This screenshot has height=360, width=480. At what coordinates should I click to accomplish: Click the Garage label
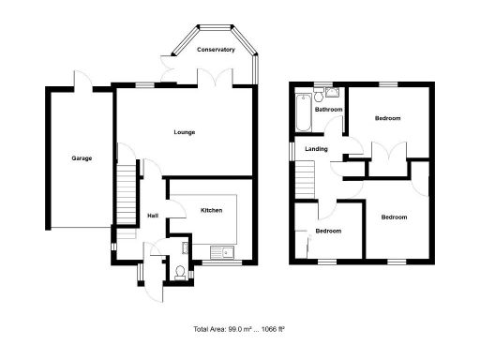pos(82,158)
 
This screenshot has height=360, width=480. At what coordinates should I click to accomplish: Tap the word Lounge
pos(185,132)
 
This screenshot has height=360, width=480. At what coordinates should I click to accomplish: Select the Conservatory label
pos(215,50)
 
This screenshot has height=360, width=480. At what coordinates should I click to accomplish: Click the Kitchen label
pos(211,211)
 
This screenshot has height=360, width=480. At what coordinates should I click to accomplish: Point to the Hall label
pos(152,217)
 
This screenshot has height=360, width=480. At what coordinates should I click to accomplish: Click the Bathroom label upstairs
pos(328,110)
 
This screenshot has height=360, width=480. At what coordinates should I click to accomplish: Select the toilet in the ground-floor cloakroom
pos(180,273)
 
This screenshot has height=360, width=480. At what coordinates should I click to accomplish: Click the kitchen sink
pos(223,251)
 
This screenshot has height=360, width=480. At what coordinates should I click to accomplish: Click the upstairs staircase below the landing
pos(303,178)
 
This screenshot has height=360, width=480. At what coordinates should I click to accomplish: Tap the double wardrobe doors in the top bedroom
pos(389,152)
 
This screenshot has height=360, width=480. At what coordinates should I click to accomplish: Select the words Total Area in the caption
pos(212,329)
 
